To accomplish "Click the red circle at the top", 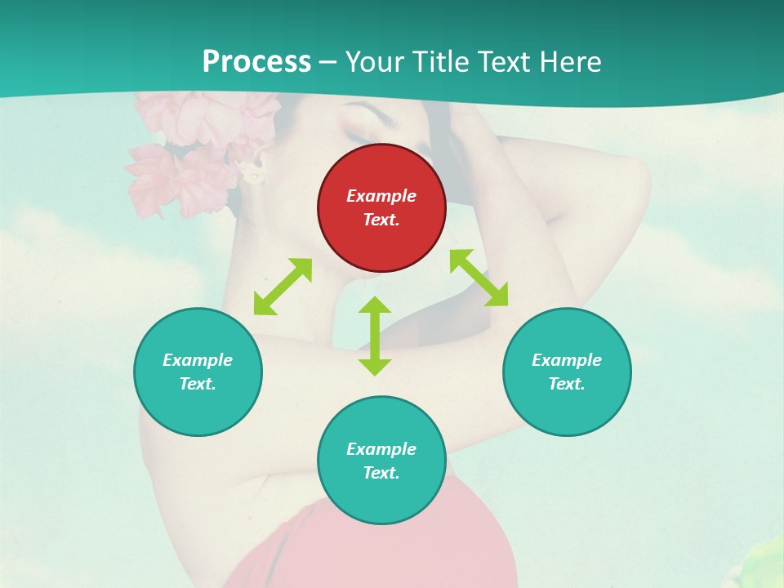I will [x=381, y=207].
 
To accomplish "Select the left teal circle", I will [x=198, y=372].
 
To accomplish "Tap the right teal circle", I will [x=567, y=372].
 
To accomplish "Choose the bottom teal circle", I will [x=381, y=461].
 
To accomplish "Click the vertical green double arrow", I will [x=375, y=336].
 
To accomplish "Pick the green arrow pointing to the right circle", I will [x=479, y=278].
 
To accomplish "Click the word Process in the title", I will [x=256, y=61].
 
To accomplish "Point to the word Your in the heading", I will [x=376, y=61].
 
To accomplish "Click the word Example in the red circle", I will [x=381, y=196].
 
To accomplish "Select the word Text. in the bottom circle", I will [x=381, y=473].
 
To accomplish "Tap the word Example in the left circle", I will [x=198, y=360].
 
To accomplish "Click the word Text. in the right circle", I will [x=567, y=384].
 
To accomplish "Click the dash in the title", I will [x=328, y=62].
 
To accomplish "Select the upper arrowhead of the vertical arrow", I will [x=375, y=306].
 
